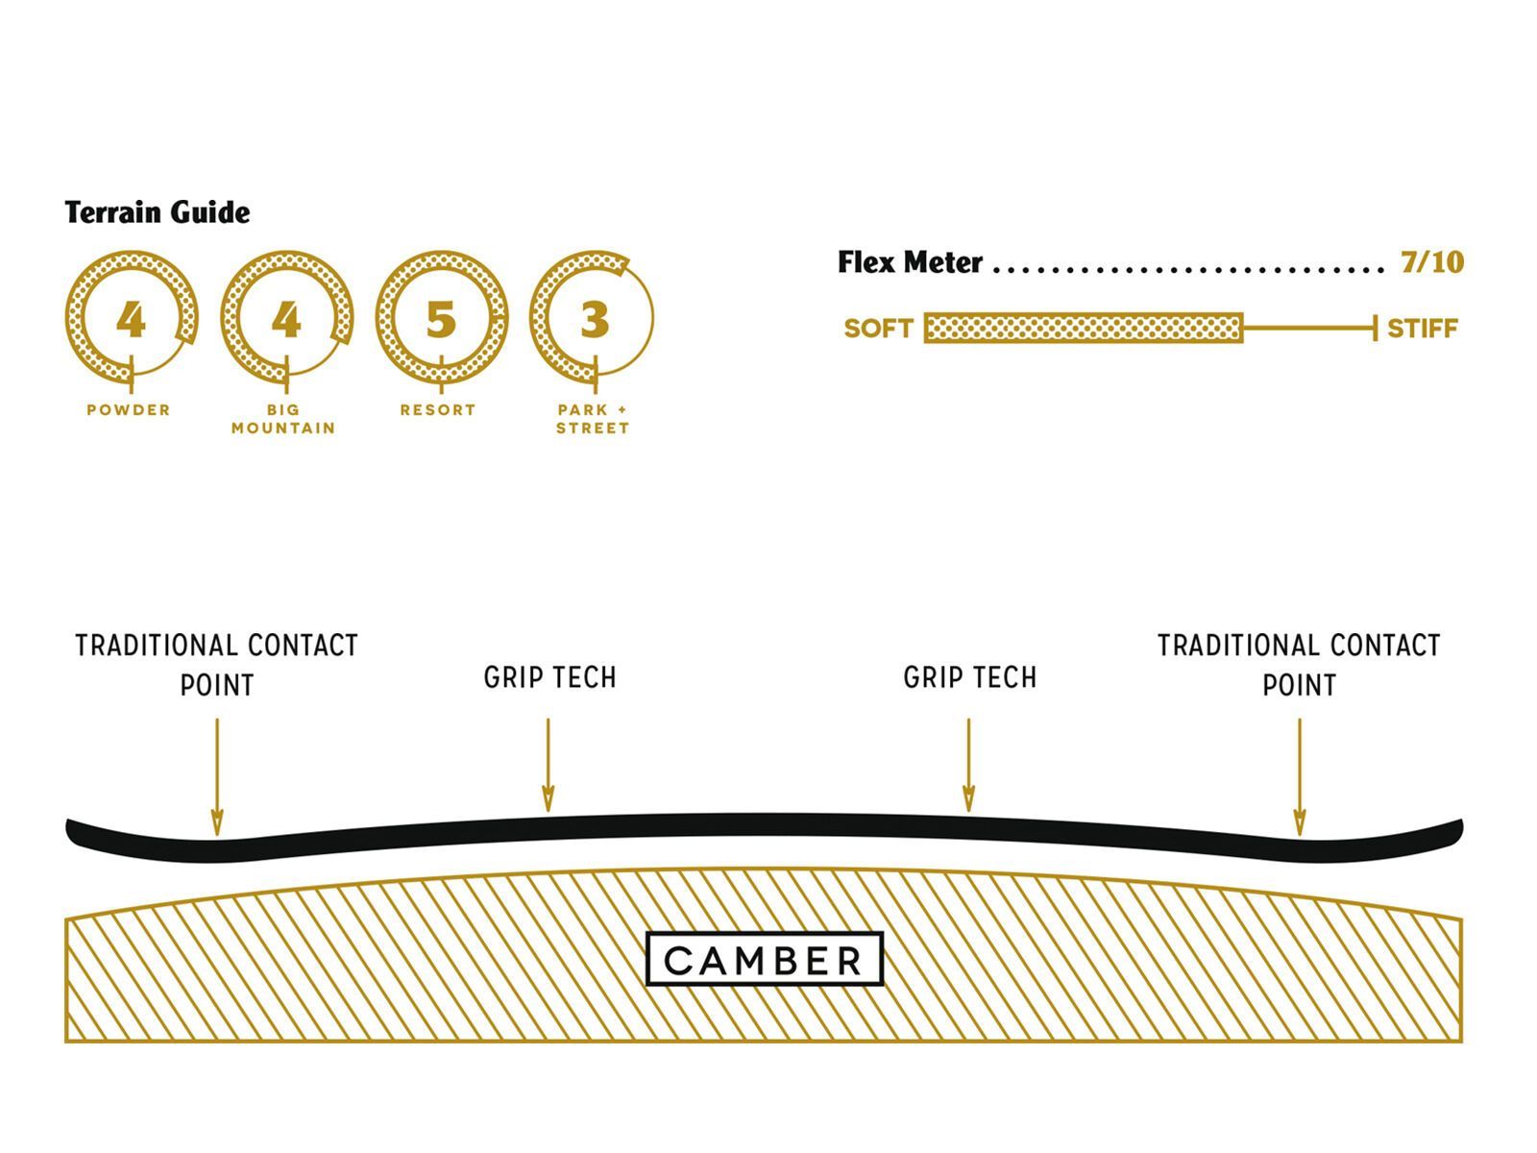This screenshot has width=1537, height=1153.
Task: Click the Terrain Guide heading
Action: pyautogui.click(x=158, y=212)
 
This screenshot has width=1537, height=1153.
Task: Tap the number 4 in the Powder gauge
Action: pyautogui.click(x=131, y=319)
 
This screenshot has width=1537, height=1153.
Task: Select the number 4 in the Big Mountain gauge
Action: pyautogui.click(x=285, y=319)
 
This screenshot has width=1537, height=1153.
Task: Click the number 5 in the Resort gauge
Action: pyautogui.click(x=440, y=319)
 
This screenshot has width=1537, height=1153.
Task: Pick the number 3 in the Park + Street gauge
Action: pyautogui.click(x=595, y=319)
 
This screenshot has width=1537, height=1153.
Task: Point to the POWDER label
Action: pyautogui.click(x=129, y=410)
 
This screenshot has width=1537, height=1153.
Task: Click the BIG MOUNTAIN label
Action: pyautogui.click(x=283, y=419)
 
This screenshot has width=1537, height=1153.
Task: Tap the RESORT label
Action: pyautogui.click(x=438, y=410)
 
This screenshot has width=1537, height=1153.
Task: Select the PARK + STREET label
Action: pyautogui.click(x=593, y=419)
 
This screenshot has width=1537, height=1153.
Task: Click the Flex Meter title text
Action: pyautogui.click(x=910, y=262)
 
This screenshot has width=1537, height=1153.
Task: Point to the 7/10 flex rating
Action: pyautogui.click(x=1431, y=262)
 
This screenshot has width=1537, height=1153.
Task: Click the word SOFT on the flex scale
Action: pyautogui.click(x=878, y=329)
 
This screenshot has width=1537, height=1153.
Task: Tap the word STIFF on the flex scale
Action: pyautogui.click(x=1422, y=329)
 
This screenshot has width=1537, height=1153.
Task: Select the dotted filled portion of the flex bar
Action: pyautogui.click(x=1084, y=329)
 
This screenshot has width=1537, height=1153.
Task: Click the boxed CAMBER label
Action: pyautogui.click(x=765, y=960)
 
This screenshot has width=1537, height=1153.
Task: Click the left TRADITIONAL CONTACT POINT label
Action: pyautogui.click(x=217, y=665)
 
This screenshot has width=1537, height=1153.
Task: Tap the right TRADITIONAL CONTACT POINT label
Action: pyautogui.click(x=1299, y=665)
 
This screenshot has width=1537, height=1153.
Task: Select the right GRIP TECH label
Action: pyautogui.click(x=969, y=678)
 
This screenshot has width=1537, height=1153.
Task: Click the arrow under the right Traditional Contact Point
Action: pyautogui.click(x=1299, y=776)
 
